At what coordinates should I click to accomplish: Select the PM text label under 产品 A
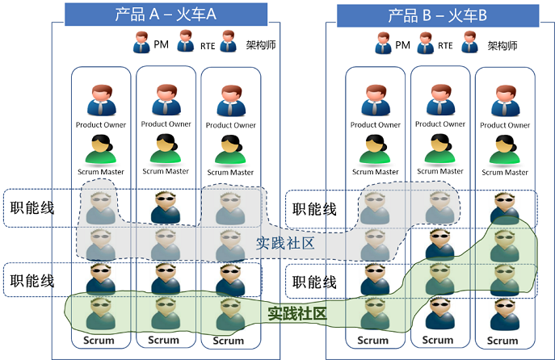click(x=161, y=44)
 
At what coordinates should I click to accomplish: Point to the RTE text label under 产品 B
click(x=445, y=46)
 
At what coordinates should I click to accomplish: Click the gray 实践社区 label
click(x=284, y=243)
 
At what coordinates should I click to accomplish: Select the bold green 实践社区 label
click(x=296, y=312)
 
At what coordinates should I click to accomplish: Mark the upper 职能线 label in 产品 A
click(x=32, y=208)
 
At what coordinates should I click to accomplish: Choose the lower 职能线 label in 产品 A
click(x=32, y=281)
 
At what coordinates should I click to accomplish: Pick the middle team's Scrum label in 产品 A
click(x=164, y=340)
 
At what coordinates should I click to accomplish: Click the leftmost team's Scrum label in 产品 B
click(x=375, y=340)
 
